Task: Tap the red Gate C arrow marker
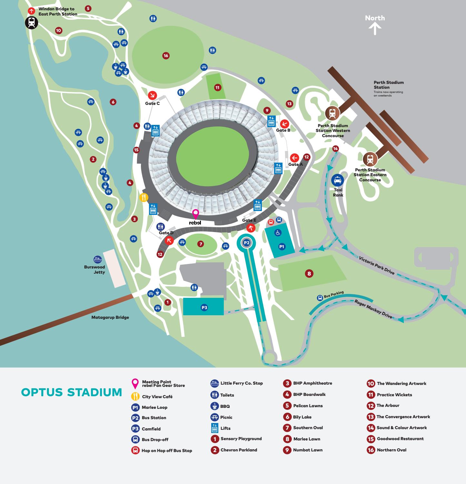point(152,95)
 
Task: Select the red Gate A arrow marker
point(294,158)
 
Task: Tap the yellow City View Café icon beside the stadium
point(144,197)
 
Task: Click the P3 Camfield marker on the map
point(204,308)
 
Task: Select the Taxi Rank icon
point(338,180)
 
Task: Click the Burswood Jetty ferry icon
point(98,259)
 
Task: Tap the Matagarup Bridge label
point(110,317)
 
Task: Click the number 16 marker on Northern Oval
point(166,56)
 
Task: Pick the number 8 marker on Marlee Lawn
point(309,274)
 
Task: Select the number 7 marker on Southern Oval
point(201,244)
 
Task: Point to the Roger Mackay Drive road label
point(373,309)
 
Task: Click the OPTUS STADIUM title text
point(72,392)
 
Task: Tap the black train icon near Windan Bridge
point(32,22)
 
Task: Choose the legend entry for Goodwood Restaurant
point(400,439)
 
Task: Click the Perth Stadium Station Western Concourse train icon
point(332,113)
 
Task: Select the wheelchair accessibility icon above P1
point(278,233)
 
